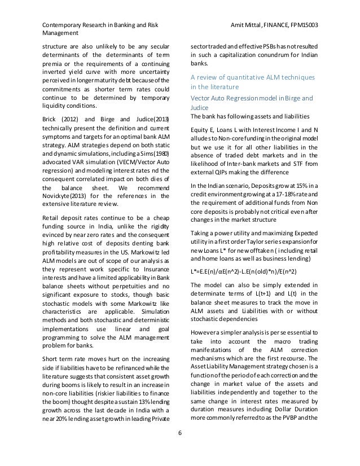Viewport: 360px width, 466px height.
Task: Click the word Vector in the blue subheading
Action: [202, 98]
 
